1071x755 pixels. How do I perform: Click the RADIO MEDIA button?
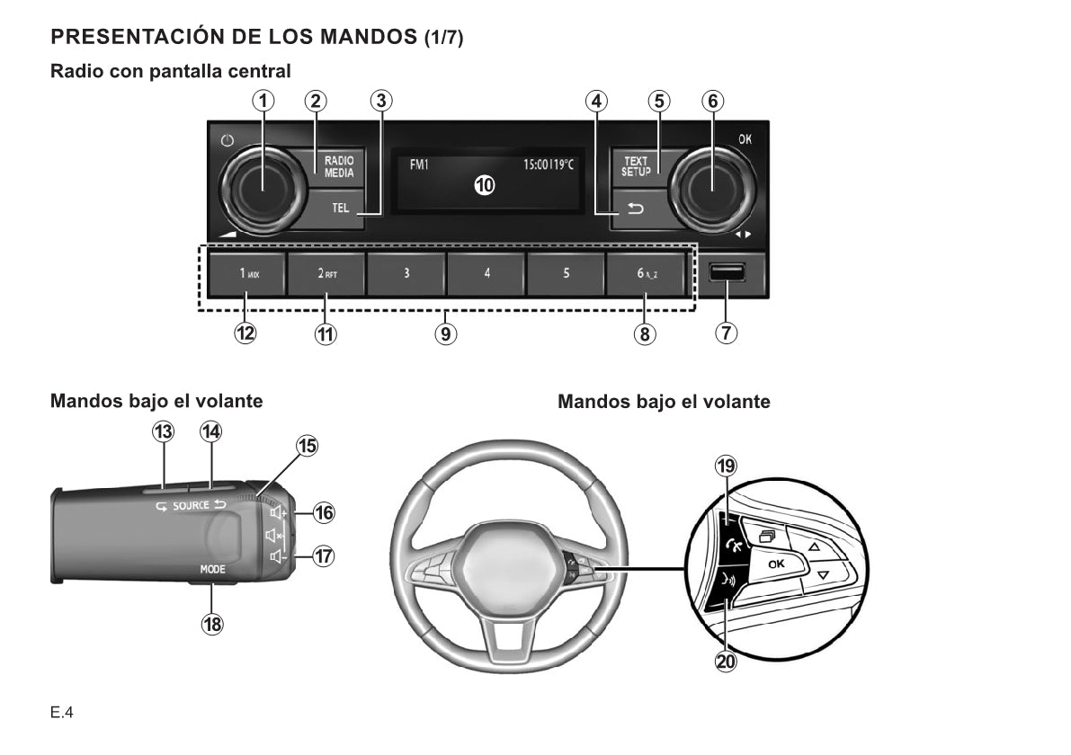pyautogui.click(x=338, y=167)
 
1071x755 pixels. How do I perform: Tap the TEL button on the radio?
pyautogui.click(x=338, y=208)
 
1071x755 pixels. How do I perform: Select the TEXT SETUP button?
pyautogui.click(x=636, y=166)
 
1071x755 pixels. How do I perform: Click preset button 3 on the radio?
pyautogui.click(x=406, y=273)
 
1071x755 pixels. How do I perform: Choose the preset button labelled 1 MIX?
pyautogui.click(x=247, y=273)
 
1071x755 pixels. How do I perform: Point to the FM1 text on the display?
pyautogui.click(x=419, y=164)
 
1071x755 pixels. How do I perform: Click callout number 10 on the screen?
pyautogui.click(x=485, y=185)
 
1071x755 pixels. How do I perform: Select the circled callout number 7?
pyautogui.click(x=726, y=333)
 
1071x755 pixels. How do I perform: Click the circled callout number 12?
pyautogui.click(x=245, y=333)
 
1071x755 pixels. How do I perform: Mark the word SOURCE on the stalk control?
pyautogui.click(x=191, y=506)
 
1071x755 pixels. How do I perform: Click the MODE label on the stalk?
pyautogui.click(x=212, y=570)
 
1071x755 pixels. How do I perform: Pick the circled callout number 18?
pyautogui.click(x=212, y=625)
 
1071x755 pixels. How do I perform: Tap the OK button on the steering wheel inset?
pyautogui.click(x=774, y=563)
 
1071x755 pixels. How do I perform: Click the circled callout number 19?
pyautogui.click(x=725, y=466)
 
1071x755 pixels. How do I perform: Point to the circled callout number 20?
pyautogui.click(x=725, y=662)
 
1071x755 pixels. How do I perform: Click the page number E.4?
pyautogui.click(x=62, y=714)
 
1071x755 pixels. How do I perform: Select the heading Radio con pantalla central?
pyautogui.click(x=171, y=70)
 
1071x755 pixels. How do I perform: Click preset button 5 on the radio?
pyautogui.click(x=566, y=273)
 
